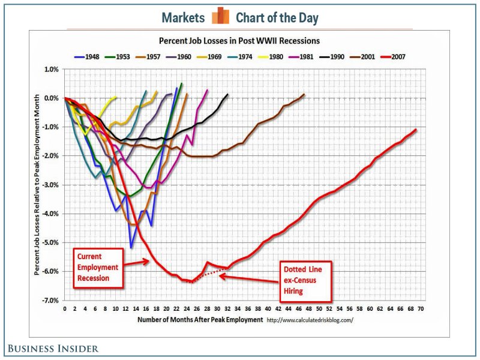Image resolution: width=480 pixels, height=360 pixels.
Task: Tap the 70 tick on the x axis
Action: tap(421, 309)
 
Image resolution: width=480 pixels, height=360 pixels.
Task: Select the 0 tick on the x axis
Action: tap(65, 309)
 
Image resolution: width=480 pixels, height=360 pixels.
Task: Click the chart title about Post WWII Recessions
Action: tap(239, 41)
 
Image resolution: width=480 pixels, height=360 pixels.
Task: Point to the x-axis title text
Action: tap(200, 320)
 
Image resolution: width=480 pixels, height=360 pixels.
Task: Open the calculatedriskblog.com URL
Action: tap(310, 320)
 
